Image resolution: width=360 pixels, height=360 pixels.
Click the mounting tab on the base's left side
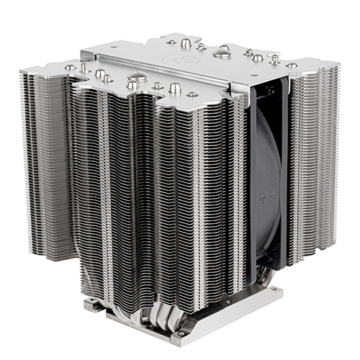[x=91, y=305]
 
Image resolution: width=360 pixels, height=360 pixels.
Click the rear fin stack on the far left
[x=43, y=158]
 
